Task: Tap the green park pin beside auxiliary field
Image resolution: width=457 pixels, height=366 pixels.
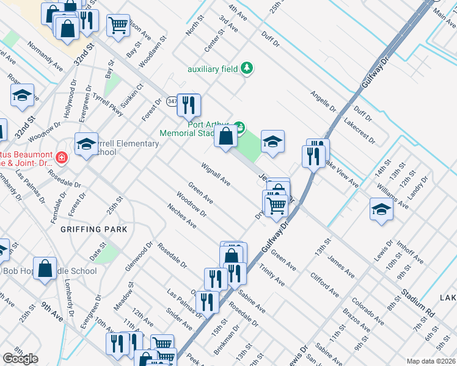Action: pos(247,68)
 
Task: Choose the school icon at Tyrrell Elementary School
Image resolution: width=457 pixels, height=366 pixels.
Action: pos(86,143)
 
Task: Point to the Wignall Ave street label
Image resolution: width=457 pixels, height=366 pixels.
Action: pos(215,174)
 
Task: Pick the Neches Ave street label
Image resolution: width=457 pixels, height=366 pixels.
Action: pos(181,216)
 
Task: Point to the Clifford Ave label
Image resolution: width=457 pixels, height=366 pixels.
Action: pos(324,284)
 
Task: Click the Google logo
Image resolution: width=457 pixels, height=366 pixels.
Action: pos(20,359)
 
